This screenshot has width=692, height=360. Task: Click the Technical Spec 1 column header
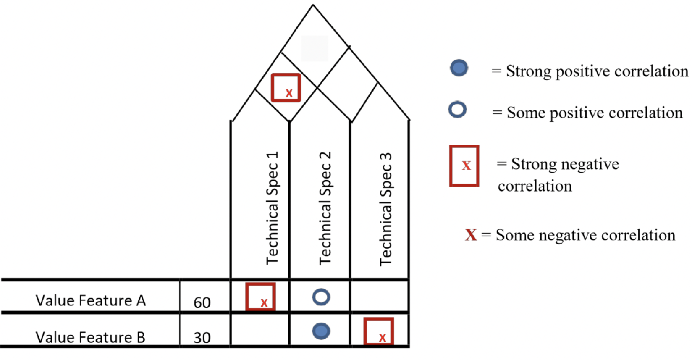pos(272,208)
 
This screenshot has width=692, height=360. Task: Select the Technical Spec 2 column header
pos(325,208)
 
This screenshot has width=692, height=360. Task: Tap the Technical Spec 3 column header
pos(385,209)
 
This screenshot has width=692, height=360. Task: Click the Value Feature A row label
pos(91,301)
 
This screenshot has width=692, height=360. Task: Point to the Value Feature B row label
pos(90,337)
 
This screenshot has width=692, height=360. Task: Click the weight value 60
pos(202,302)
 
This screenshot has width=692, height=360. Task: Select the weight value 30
pos(202,338)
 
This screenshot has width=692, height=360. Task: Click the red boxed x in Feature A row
pos(260,297)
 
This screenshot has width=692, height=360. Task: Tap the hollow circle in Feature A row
pos(321,297)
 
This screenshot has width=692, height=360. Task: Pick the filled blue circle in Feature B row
pos(321,331)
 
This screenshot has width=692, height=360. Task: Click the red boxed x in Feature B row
pos(379,331)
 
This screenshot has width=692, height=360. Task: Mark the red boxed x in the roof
pos(286,88)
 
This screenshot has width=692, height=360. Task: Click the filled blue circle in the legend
pos(459,68)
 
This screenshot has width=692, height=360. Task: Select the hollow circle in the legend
pos(458,110)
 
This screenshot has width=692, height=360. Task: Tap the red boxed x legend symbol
pos(464,166)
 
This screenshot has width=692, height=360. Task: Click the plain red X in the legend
pos(471,235)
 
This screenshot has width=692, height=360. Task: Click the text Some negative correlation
pos(585,235)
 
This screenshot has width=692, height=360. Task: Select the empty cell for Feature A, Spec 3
pos(380,297)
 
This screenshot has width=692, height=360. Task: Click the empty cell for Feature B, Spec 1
pos(260,331)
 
